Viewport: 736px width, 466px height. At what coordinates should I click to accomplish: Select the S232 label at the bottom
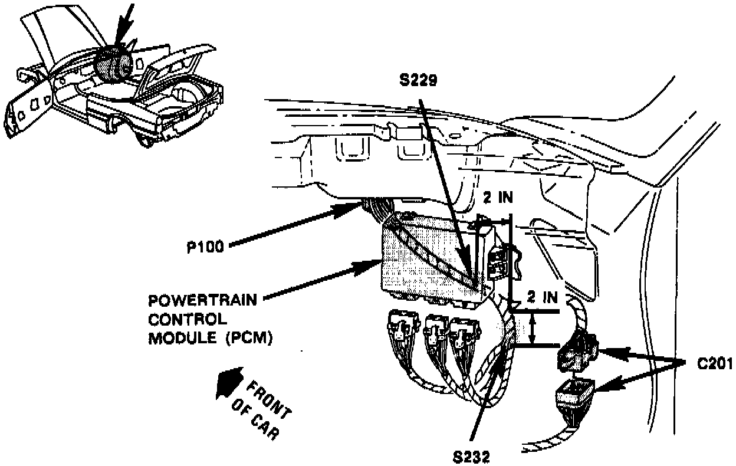[x=472, y=455]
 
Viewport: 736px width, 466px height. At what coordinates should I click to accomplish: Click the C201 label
[x=713, y=364]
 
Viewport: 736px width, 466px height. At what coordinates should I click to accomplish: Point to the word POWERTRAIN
[x=202, y=300]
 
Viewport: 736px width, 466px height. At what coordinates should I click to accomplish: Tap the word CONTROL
[x=188, y=319]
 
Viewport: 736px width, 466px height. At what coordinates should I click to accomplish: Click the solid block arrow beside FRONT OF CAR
[x=229, y=384]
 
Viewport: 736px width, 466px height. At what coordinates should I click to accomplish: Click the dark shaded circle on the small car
[x=114, y=63]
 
